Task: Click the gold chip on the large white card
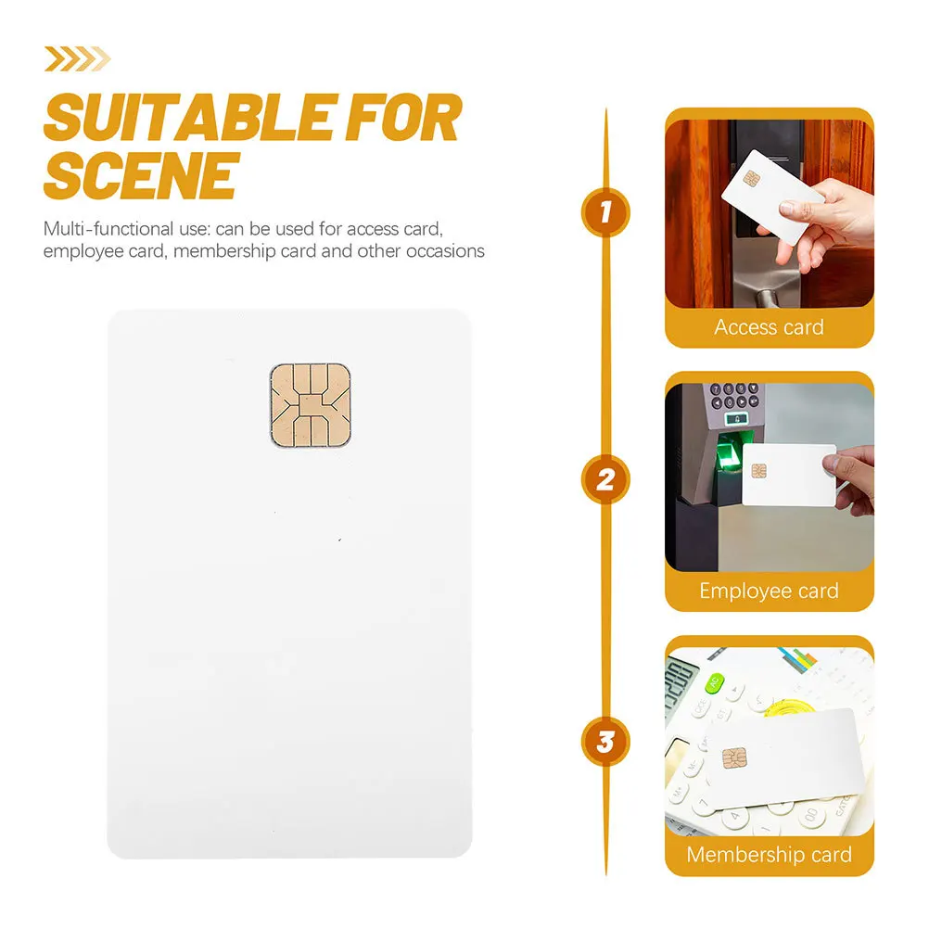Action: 310,405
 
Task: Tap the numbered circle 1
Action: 605,212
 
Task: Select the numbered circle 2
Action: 605,479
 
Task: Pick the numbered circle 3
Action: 605,741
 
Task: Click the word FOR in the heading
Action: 404,118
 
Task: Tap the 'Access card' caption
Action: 769,327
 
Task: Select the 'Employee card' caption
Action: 769,591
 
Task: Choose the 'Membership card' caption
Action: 769,854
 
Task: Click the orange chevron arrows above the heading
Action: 77,59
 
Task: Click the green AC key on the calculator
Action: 713,684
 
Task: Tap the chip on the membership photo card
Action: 732,759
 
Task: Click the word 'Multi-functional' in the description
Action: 101,229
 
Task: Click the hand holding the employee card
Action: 857,480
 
